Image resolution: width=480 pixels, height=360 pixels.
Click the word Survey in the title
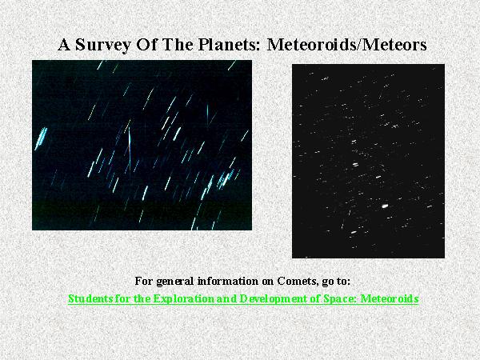(103, 46)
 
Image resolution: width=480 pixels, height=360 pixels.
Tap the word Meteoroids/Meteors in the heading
(347, 44)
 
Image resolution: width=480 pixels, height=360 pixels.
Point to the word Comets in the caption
(298, 281)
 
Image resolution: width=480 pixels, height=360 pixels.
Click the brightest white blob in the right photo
(385, 206)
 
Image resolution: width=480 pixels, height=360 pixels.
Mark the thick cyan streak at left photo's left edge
(41, 138)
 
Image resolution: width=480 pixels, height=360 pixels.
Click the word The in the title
(178, 44)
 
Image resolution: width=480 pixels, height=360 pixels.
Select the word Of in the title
(147, 44)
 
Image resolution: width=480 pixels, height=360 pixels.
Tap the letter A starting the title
(64, 45)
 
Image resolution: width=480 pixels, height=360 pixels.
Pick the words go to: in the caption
(336, 282)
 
